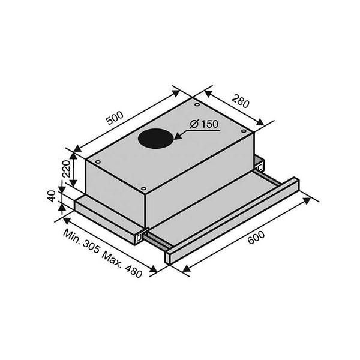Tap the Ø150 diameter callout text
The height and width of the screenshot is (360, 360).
tap(204, 125)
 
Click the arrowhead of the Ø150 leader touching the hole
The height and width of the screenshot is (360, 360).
tap(175, 139)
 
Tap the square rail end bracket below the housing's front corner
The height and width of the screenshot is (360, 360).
tap(140, 237)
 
